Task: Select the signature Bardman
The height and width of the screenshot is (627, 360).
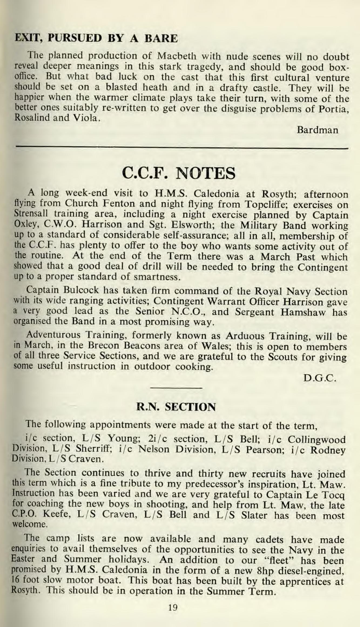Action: tap(317, 130)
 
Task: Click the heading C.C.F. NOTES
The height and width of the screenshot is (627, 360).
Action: tap(179, 174)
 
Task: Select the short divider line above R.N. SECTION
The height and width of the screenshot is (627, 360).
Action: tap(176, 388)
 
